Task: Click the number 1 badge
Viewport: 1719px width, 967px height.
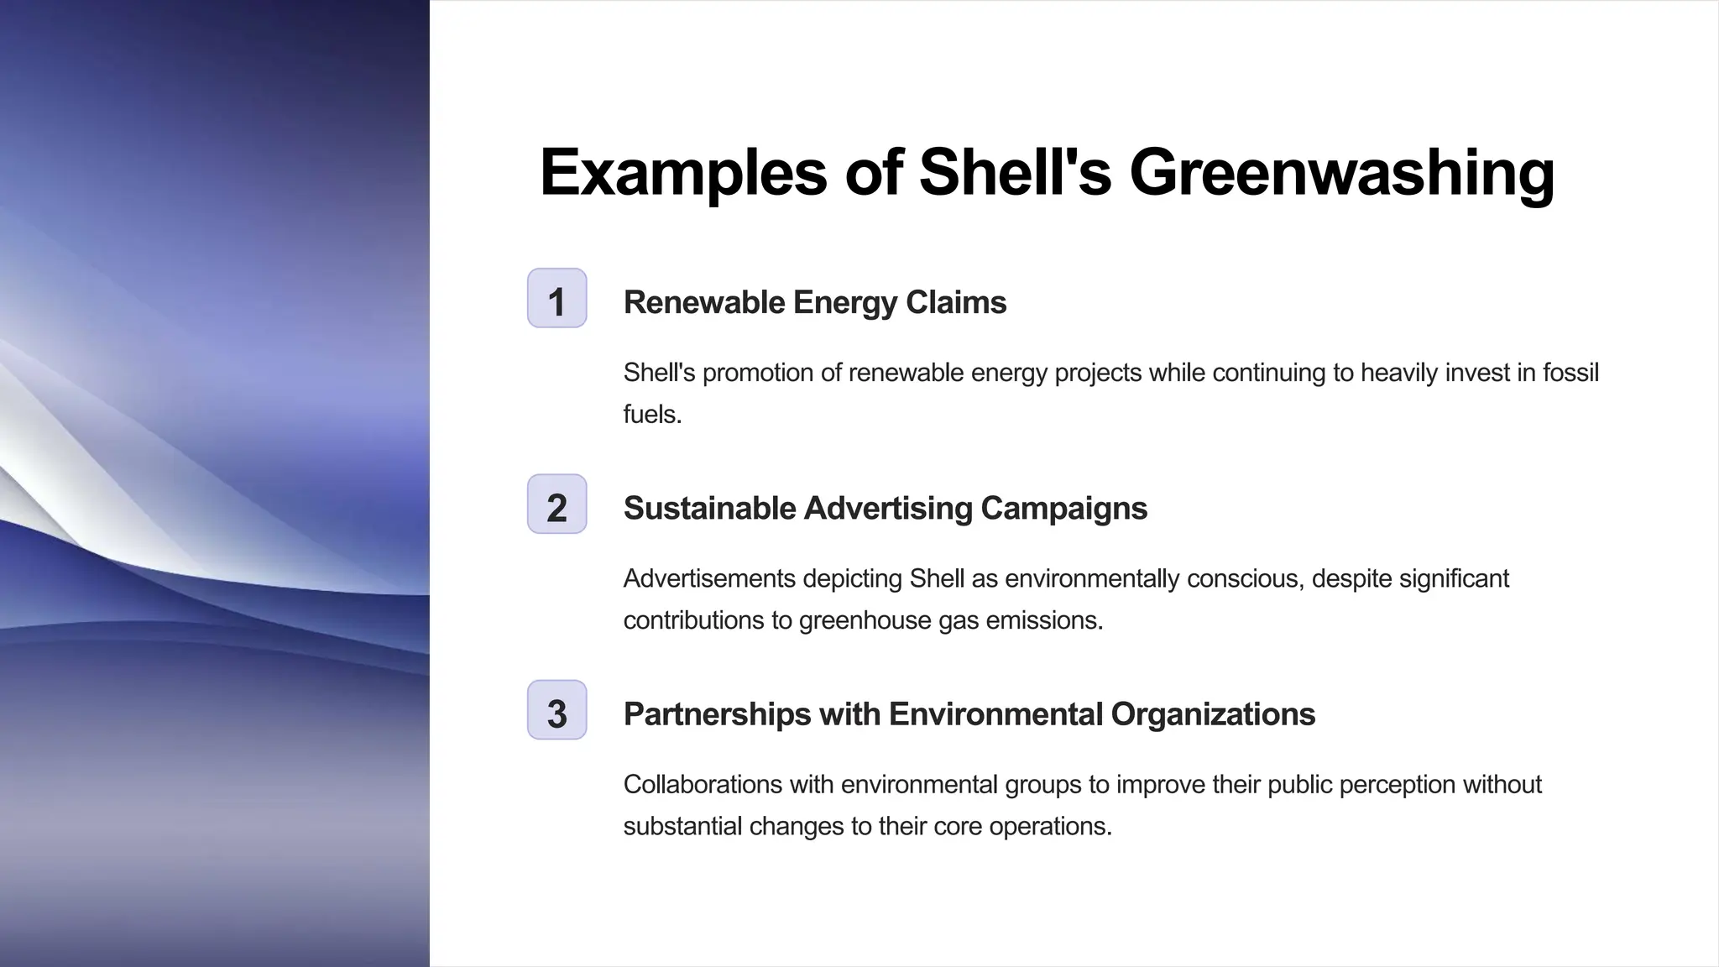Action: (556, 299)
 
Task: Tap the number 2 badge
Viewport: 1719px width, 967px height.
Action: (556, 504)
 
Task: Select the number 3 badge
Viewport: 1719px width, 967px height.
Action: (556, 711)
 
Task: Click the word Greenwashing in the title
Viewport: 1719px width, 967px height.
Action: (1341, 173)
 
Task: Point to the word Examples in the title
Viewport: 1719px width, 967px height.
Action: (683, 173)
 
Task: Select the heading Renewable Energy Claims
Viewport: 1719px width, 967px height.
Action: (814, 302)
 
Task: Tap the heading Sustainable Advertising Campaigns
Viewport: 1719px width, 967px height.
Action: (885, 508)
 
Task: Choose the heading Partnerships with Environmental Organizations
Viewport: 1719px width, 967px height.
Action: (969, 714)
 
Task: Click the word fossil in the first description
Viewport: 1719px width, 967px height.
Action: (1570, 372)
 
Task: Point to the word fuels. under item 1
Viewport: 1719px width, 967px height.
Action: (652, 414)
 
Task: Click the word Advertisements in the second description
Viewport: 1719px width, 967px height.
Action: (709, 578)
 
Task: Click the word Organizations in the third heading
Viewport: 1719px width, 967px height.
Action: (1213, 714)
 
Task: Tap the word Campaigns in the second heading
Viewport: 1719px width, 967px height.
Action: (1063, 508)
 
